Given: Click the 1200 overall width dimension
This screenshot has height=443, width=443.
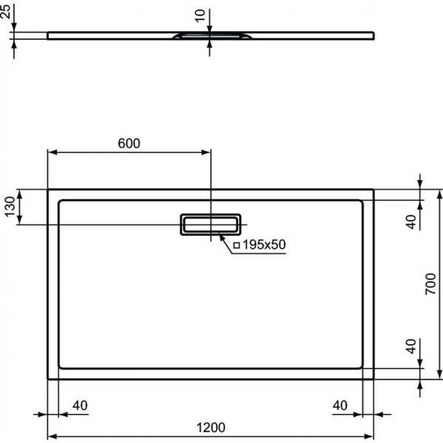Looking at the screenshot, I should (210, 427).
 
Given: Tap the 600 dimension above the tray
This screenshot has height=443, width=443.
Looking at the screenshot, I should (129, 143).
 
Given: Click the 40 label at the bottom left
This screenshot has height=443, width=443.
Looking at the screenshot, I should (80, 405).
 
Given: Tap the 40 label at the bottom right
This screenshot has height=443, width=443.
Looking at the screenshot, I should (340, 405).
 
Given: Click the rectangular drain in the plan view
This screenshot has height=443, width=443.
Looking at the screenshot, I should (210, 224).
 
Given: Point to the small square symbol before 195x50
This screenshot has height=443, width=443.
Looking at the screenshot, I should (236, 245).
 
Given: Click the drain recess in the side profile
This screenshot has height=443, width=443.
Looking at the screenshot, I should (210, 35).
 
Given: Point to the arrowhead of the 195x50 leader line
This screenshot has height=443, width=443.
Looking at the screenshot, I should (219, 237).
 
